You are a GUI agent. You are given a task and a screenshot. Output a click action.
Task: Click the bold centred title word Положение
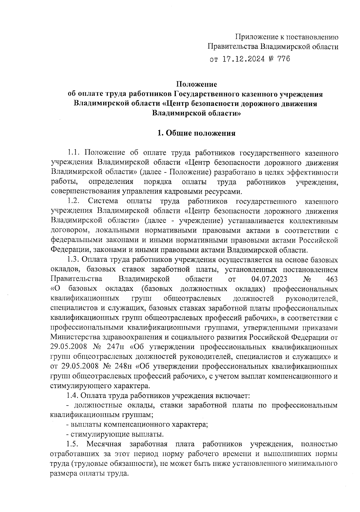(196, 85)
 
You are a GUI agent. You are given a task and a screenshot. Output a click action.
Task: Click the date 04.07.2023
(269, 279)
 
